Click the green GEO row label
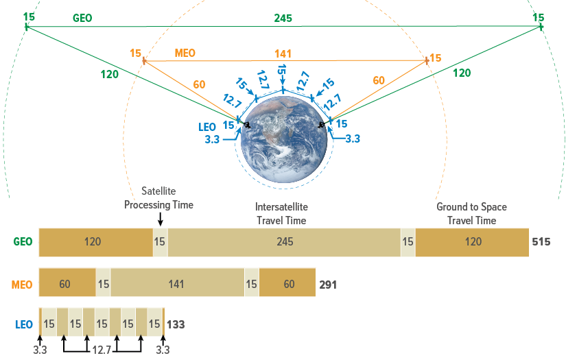[x=23, y=242]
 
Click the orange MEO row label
[x=22, y=284]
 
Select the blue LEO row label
[x=23, y=324]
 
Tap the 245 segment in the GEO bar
[x=284, y=242]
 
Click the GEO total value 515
[x=541, y=242]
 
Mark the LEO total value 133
[x=176, y=324]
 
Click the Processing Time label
[x=158, y=205]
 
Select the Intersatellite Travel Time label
[x=281, y=213]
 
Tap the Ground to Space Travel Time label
[x=471, y=213]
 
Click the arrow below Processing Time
[x=160, y=219]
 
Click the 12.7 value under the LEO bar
[x=102, y=350]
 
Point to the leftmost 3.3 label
[x=40, y=350]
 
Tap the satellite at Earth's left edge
[x=246, y=125]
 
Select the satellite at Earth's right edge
[x=322, y=125]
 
